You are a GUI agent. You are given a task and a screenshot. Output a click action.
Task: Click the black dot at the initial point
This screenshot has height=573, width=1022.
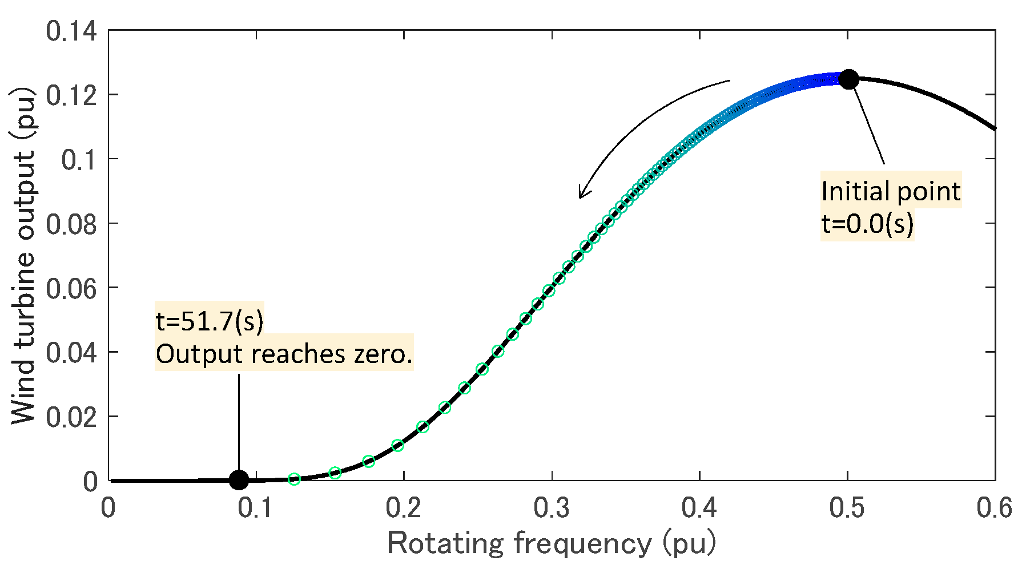[x=848, y=79]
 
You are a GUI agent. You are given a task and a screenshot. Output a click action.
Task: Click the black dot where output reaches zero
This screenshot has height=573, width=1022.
[x=239, y=480]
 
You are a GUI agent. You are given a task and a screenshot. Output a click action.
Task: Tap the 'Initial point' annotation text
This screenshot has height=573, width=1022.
[x=891, y=191]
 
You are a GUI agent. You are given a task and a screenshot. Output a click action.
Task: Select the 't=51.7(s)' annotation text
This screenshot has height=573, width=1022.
[x=210, y=321]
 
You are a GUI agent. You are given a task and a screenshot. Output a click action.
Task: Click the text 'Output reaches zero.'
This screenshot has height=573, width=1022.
[x=284, y=354]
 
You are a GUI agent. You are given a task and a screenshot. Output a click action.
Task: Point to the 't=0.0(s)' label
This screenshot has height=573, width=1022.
[x=867, y=224]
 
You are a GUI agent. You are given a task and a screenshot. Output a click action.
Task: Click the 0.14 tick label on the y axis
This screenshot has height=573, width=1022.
[x=71, y=31]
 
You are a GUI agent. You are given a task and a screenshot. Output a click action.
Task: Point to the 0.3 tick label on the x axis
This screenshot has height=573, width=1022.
[x=552, y=508]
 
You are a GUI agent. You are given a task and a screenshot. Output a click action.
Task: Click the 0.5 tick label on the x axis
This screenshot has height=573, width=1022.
[x=847, y=508]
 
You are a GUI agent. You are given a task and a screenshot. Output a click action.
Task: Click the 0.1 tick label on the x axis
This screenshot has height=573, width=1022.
[x=256, y=508]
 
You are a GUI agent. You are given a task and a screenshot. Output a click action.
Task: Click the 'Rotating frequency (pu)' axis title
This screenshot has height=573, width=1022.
[x=551, y=543]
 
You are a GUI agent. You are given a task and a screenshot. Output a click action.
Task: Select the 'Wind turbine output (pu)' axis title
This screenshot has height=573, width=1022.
[x=23, y=256]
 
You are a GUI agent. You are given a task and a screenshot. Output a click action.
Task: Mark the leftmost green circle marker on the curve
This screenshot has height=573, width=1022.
[x=294, y=479]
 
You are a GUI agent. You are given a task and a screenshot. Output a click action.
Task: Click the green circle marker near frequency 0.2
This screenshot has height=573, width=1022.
[x=398, y=445]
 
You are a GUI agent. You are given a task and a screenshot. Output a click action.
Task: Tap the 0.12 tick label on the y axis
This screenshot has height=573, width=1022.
[x=71, y=95]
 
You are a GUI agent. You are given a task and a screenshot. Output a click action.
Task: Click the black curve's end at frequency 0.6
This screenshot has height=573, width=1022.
[x=994, y=128]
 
